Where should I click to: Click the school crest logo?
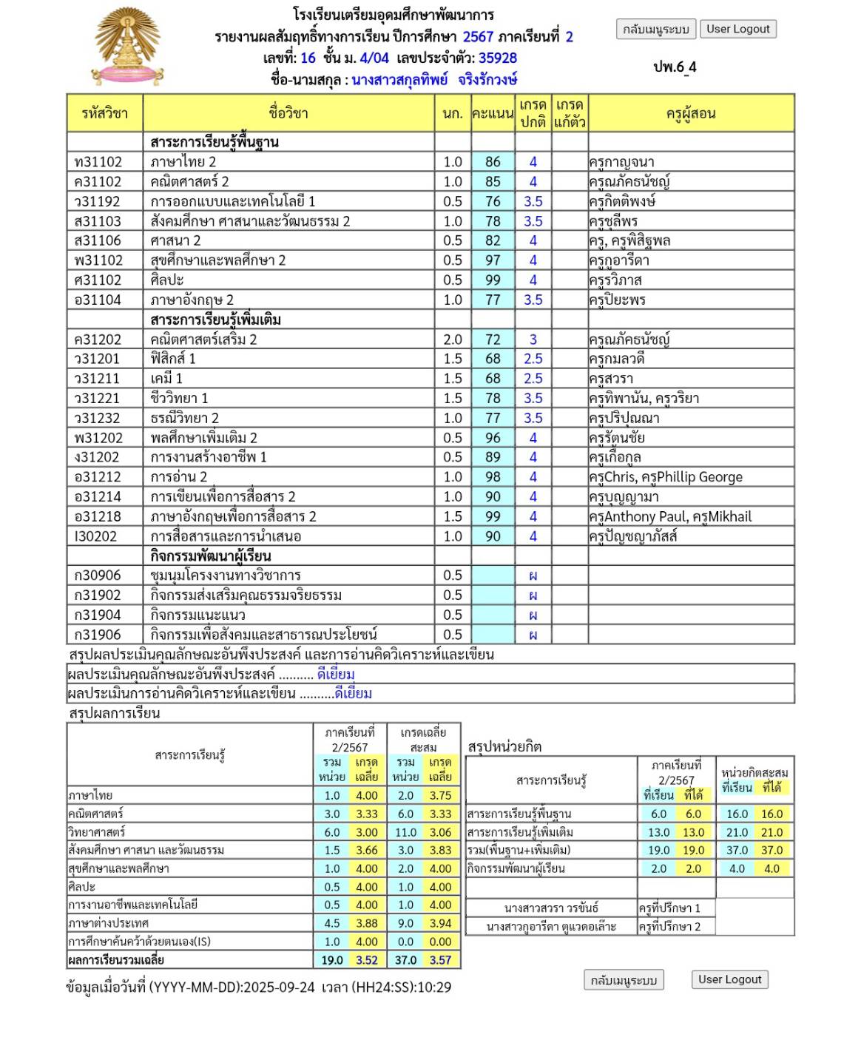click(x=128, y=47)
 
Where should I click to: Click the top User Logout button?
click(x=737, y=29)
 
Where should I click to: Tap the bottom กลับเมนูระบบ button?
click(x=624, y=980)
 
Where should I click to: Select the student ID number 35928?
click(x=498, y=58)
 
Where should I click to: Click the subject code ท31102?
click(x=98, y=162)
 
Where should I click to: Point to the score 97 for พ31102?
click(x=493, y=260)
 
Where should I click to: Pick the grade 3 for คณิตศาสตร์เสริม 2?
click(x=533, y=340)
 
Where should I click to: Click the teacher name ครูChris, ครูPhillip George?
click(x=666, y=477)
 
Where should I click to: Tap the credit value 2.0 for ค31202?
click(x=453, y=340)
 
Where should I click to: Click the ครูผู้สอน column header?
click(x=691, y=113)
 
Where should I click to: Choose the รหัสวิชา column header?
click(x=104, y=113)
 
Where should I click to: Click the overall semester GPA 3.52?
click(x=367, y=960)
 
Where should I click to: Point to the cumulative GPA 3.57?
click(x=440, y=960)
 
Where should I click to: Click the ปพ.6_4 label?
click(x=675, y=67)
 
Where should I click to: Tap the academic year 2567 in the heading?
click(x=478, y=36)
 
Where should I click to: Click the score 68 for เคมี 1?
click(x=493, y=379)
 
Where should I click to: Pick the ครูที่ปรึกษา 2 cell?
click(x=676, y=926)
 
